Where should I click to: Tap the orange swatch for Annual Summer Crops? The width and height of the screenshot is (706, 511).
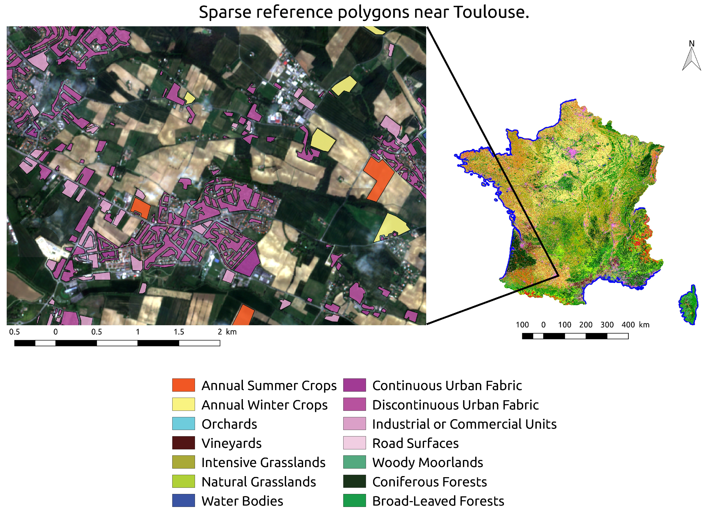coord(183,385)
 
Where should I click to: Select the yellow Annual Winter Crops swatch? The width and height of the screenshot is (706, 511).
coord(183,404)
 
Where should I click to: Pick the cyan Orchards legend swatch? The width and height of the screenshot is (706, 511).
coord(183,424)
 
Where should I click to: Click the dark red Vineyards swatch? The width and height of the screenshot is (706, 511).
coord(183,443)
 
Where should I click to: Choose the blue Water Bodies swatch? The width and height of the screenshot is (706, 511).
coord(183,500)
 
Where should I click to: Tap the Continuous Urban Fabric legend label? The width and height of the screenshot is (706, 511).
coord(447,386)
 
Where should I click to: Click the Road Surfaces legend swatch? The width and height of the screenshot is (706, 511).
coord(354,443)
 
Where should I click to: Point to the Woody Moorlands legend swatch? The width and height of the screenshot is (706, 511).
coord(354,462)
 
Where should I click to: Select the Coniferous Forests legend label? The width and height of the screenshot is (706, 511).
coord(429,482)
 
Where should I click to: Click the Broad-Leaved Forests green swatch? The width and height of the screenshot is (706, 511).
coord(354,500)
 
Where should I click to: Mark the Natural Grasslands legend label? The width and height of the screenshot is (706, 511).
coord(258,482)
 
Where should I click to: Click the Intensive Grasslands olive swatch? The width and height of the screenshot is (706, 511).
coord(183,462)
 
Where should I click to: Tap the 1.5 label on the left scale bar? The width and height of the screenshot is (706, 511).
coord(179,332)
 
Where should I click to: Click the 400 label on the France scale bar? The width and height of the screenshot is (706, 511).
coord(628,325)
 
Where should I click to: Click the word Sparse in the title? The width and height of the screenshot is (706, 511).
coord(225,12)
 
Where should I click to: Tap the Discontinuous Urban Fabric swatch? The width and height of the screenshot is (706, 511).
coord(354,404)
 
